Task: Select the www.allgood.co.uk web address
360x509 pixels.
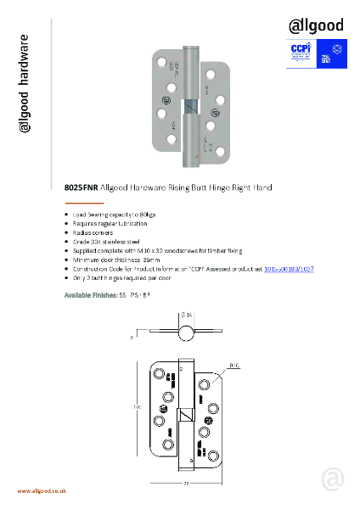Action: click(x=42, y=491)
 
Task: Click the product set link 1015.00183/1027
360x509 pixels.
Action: click(x=289, y=267)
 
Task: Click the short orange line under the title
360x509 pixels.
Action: click(x=84, y=204)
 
